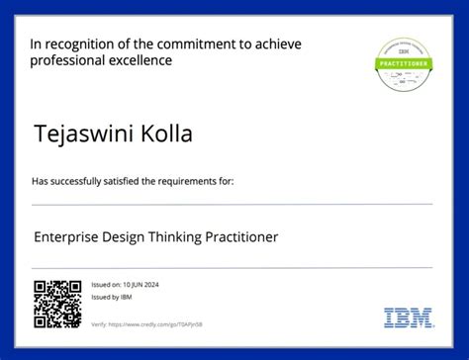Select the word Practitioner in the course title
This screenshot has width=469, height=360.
point(241,237)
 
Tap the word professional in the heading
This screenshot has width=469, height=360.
point(66,60)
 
